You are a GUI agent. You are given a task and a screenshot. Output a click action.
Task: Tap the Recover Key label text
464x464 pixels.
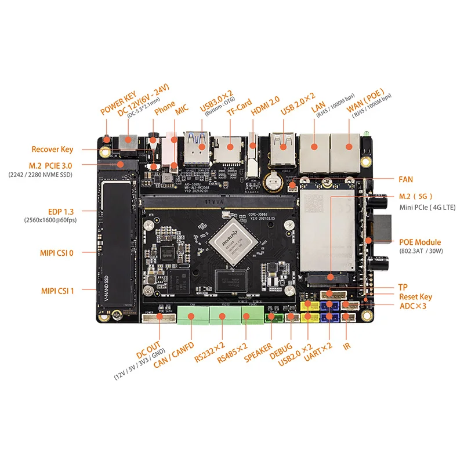[52, 149]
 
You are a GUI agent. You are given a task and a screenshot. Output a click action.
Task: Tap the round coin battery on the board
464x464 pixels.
[273, 181]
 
